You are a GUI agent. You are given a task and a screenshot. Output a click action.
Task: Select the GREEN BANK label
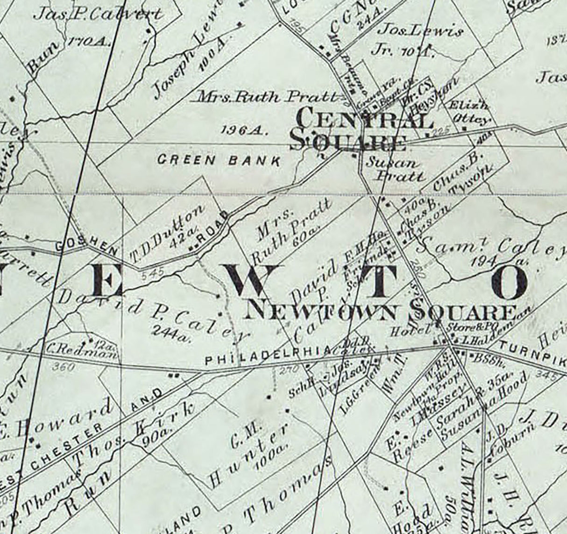[219, 160]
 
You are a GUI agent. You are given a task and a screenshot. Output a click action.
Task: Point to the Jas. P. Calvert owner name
[98, 14]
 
